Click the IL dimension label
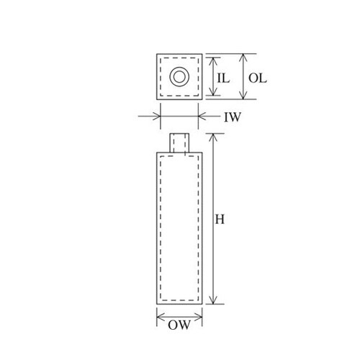223,78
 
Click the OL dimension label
258,78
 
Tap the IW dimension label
232,117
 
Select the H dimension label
220,220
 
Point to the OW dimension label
179,325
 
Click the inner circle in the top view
179,77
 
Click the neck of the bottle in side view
179,143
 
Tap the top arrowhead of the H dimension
213,138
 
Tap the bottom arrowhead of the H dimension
213,300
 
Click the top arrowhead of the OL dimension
243,58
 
